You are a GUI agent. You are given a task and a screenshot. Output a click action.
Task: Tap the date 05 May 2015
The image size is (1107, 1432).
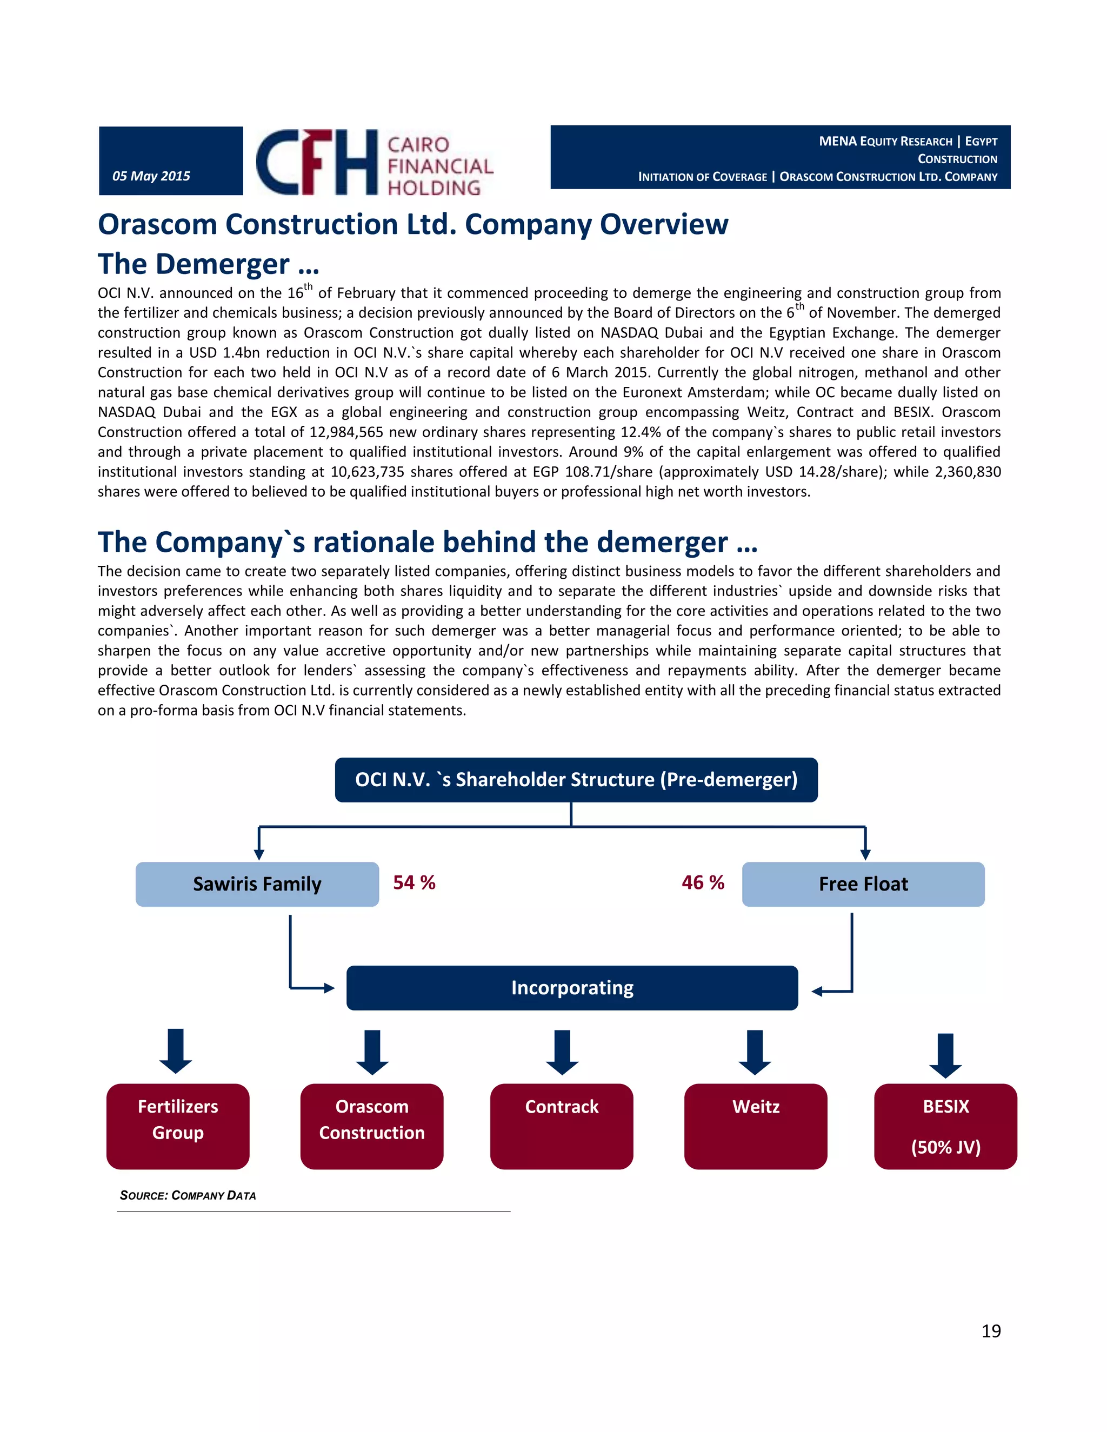tap(151, 176)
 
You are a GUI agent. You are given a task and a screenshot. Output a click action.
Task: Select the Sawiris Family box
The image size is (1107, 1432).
tap(257, 884)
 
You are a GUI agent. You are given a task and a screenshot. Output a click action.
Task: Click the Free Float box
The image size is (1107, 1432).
tap(863, 884)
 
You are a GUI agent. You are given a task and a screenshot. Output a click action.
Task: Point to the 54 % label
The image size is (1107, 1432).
tap(415, 882)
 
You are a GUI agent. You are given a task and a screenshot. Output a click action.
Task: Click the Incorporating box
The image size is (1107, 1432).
tap(572, 987)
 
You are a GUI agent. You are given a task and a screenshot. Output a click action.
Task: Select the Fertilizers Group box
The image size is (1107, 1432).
tap(178, 1125)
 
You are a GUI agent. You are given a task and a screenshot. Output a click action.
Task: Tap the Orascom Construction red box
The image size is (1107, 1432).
tap(372, 1125)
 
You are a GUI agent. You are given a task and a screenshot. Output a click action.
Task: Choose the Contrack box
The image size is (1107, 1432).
tap(562, 1125)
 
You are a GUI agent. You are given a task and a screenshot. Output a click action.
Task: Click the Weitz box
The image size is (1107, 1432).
tap(756, 1125)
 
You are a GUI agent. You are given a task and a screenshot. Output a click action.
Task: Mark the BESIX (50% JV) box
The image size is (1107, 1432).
tap(946, 1125)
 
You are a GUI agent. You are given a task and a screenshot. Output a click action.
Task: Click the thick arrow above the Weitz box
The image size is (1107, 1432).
tap(755, 1052)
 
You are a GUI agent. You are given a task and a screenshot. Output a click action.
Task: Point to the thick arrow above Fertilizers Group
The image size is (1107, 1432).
tap(176, 1050)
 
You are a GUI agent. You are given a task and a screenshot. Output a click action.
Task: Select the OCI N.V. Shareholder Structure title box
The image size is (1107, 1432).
tap(576, 780)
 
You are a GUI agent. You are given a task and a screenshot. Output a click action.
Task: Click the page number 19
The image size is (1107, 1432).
tap(991, 1331)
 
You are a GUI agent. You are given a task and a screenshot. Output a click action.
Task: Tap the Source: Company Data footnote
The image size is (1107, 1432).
tap(188, 1195)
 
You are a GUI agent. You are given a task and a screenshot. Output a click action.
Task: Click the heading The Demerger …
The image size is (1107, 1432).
tap(209, 264)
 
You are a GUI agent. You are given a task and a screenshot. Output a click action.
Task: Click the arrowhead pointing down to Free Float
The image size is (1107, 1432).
tap(866, 854)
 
